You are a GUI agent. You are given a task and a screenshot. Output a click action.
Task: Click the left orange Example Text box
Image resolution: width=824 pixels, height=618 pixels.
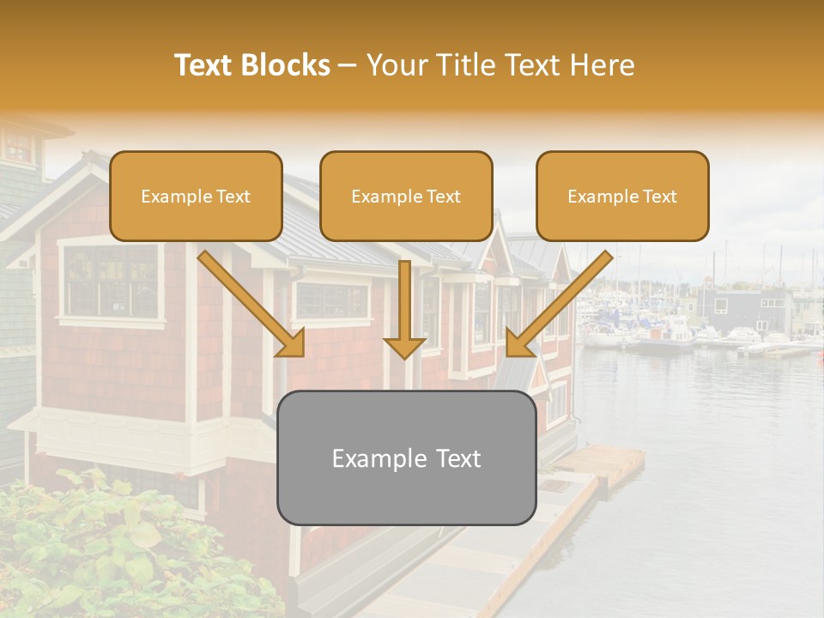coord(196,196)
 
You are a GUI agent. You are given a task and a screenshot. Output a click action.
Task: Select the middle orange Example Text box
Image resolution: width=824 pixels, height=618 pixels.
coord(406,196)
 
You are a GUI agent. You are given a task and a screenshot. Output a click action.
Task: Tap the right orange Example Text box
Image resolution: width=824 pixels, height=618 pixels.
coord(622,196)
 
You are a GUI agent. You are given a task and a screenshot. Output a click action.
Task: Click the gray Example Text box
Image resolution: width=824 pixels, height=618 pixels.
coord(406,457)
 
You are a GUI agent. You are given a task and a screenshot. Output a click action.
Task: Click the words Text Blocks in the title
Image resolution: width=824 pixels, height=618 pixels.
coord(252,65)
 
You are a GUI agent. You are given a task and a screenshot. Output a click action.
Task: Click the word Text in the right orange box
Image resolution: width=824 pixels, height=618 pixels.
coord(659,197)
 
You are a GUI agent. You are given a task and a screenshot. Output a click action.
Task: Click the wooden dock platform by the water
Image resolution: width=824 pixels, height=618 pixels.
coord(601,464)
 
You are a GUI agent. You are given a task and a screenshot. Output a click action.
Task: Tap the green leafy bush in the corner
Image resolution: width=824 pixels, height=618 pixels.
coord(94,549)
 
